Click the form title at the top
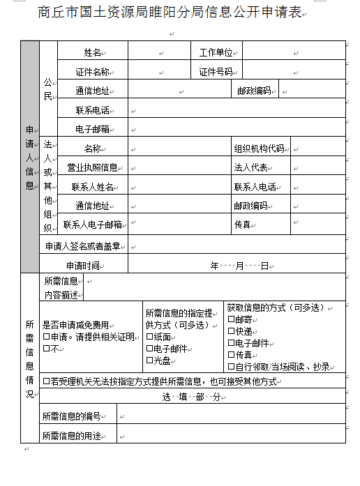pos(170,13)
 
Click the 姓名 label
pos(92,52)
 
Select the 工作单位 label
pos(216,52)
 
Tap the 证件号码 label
pos(216,71)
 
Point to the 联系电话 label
pos(92,110)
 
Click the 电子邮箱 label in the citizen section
pos(92,129)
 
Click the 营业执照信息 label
pos(92,167)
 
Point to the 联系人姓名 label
pos(92,187)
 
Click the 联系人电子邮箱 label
pos(92,225)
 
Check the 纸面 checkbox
pos(149,337)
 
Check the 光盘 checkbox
pos(149,360)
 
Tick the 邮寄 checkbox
pos(231,319)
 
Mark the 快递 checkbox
pos(231,331)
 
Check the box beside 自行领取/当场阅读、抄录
pos(231,366)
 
